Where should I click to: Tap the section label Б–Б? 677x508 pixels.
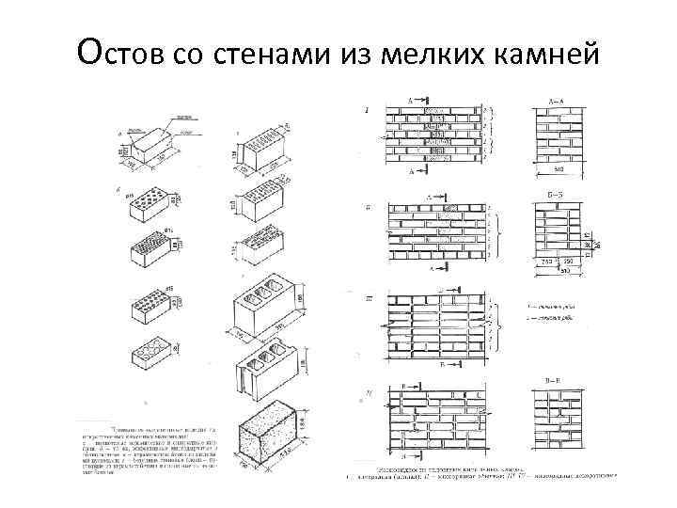coord(554,196)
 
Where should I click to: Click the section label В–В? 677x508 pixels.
coord(555,379)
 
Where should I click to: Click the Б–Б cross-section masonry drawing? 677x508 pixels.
coord(555,233)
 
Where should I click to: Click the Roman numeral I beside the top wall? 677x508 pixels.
coord(367,111)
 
